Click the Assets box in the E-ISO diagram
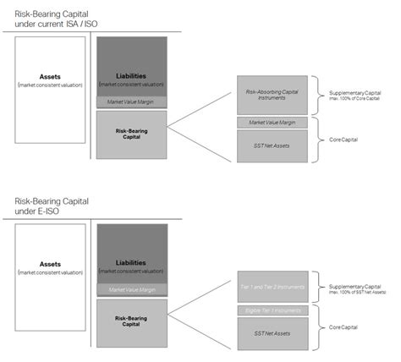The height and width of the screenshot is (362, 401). [50, 277]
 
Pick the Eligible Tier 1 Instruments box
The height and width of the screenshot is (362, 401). [271, 311]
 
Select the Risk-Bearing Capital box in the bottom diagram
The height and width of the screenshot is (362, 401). [129, 322]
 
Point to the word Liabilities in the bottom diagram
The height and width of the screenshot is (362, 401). [129, 262]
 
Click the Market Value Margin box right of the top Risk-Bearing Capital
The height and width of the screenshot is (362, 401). [271, 123]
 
